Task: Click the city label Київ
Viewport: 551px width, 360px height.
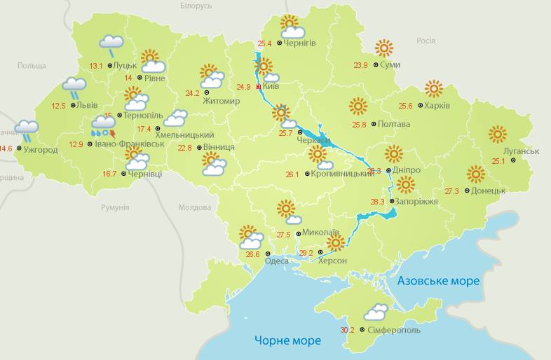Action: point(271,87)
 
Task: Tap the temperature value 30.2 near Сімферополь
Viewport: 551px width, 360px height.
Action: point(347,330)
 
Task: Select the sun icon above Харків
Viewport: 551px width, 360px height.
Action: point(434,88)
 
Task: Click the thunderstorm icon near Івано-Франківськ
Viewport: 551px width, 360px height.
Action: point(104,127)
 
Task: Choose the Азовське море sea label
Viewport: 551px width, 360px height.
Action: point(438,281)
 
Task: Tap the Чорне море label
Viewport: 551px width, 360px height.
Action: point(287,340)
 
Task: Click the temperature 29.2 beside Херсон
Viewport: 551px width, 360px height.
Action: point(306,252)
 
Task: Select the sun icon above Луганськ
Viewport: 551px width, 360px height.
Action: point(498,134)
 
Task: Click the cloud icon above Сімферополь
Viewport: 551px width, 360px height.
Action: point(376,312)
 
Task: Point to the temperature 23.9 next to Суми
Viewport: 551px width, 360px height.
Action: point(360,65)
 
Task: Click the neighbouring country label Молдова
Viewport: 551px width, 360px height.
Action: point(195,207)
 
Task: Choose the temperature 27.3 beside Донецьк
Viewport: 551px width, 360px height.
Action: point(451,191)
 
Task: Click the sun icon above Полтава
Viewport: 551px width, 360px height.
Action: point(358,106)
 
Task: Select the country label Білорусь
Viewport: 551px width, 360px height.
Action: point(196,6)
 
